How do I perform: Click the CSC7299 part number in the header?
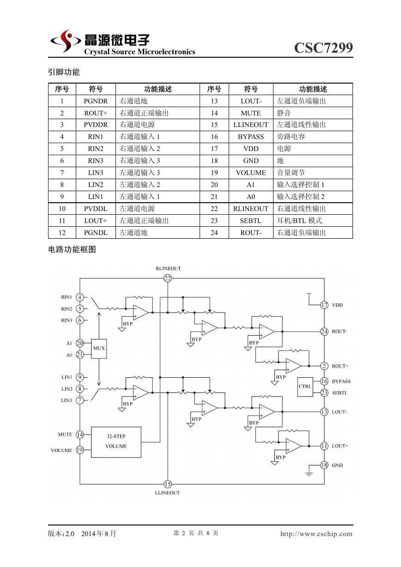323,48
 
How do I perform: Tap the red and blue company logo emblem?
66,41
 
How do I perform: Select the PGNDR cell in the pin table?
96,101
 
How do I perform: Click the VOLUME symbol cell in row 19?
251,173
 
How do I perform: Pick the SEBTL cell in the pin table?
251,221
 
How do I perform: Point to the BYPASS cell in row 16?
251,137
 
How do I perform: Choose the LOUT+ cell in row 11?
96,221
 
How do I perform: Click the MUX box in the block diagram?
99,349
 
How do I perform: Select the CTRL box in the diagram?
305,387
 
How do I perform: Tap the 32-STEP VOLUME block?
116,442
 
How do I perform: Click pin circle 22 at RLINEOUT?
168,278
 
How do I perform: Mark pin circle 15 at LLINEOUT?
168,484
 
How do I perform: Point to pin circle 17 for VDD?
324,305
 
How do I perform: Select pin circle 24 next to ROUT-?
324,332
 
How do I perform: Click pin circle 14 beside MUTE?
80,434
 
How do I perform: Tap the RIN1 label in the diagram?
67,297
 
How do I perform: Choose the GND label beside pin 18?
337,465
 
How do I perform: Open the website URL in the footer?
316,534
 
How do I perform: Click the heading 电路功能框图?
72,250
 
